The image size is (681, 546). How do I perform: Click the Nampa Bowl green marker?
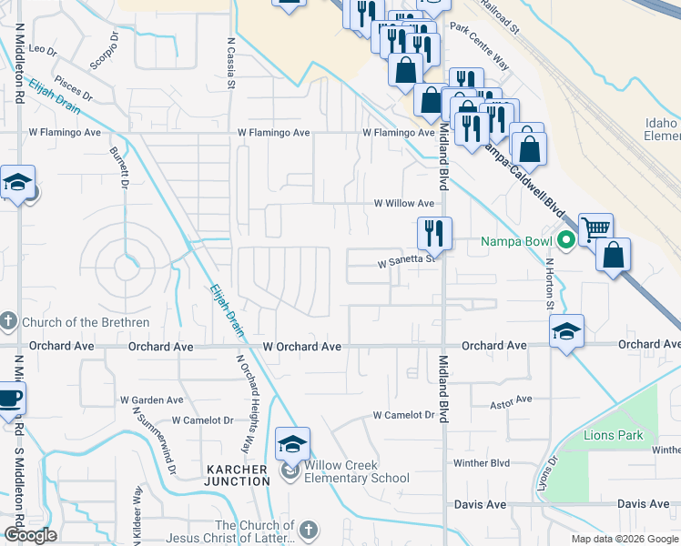565,241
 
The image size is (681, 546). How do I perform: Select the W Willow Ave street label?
404,204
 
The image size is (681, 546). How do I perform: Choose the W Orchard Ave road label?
301,347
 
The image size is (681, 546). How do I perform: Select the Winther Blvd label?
482,463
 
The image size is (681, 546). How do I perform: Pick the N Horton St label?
551,281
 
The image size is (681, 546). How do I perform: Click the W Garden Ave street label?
151,399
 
